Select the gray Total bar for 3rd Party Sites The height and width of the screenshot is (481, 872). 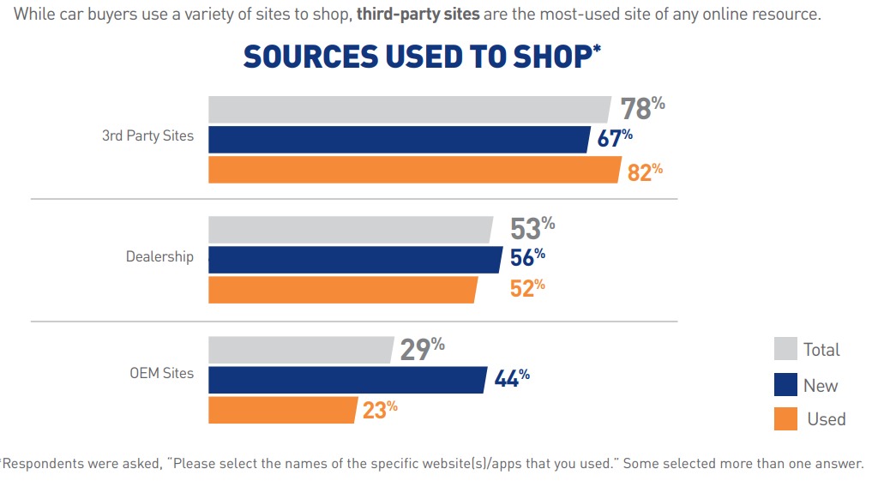(x=410, y=109)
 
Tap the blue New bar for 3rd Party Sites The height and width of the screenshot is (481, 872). (x=400, y=139)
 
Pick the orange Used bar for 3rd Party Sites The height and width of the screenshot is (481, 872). (x=414, y=169)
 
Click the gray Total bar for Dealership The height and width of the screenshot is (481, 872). (x=351, y=229)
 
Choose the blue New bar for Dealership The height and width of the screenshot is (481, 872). (x=355, y=259)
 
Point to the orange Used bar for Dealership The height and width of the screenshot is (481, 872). (x=343, y=289)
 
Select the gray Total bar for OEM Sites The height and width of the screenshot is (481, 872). (x=301, y=349)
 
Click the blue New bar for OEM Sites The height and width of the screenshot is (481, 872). (x=347, y=379)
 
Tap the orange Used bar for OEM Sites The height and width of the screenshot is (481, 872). (x=282, y=409)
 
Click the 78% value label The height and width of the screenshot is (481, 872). (x=642, y=109)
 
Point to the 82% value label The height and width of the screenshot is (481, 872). (x=645, y=171)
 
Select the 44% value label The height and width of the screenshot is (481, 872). (x=512, y=378)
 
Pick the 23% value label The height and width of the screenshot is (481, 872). (x=380, y=410)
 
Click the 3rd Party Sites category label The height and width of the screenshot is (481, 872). (x=147, y=135)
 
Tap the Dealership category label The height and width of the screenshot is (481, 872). (x=159, y=256)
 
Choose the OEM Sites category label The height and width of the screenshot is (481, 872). (x=161, y=373)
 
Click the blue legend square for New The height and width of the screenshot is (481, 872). (x=785, y=384)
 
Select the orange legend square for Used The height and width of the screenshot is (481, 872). (x=785, y=418)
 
